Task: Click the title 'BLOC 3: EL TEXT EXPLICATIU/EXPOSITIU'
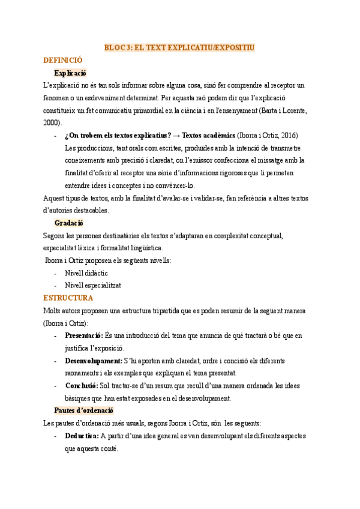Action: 180,47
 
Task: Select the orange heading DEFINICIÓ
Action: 63,60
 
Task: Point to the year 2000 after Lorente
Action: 52,122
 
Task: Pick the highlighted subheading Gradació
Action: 69,223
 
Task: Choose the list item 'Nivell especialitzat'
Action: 93,285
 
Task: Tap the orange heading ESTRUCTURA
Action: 68,298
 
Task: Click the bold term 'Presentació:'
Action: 84,336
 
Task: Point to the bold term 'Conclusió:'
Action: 82,385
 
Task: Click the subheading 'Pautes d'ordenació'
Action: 83,411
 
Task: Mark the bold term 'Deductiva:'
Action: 82,436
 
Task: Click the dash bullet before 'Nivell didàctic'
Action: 56,273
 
